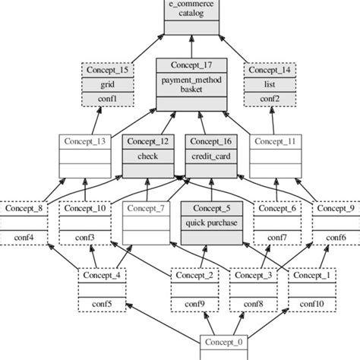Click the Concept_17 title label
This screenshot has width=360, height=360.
pyautogui.click(x=191, y=65)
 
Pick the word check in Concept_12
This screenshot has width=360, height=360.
pyautogui.click(x=147, y=156)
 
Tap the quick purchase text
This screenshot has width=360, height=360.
pyautogui.click(x=212, y=223)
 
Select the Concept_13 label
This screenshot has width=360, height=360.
pyautogui.click(x=85, y=141)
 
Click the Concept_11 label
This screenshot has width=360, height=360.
pyautogui.click(x=275, y=141)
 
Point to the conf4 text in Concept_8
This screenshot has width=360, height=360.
pyautogui.click(x=23, y=238)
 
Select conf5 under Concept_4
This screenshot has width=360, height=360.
pyautogui.click(x=101, y=305)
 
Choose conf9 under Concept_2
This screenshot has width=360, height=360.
pyautogui.click(x=194, y=305)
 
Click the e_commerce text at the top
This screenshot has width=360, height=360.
pyautogui.click(x=191, y=4)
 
